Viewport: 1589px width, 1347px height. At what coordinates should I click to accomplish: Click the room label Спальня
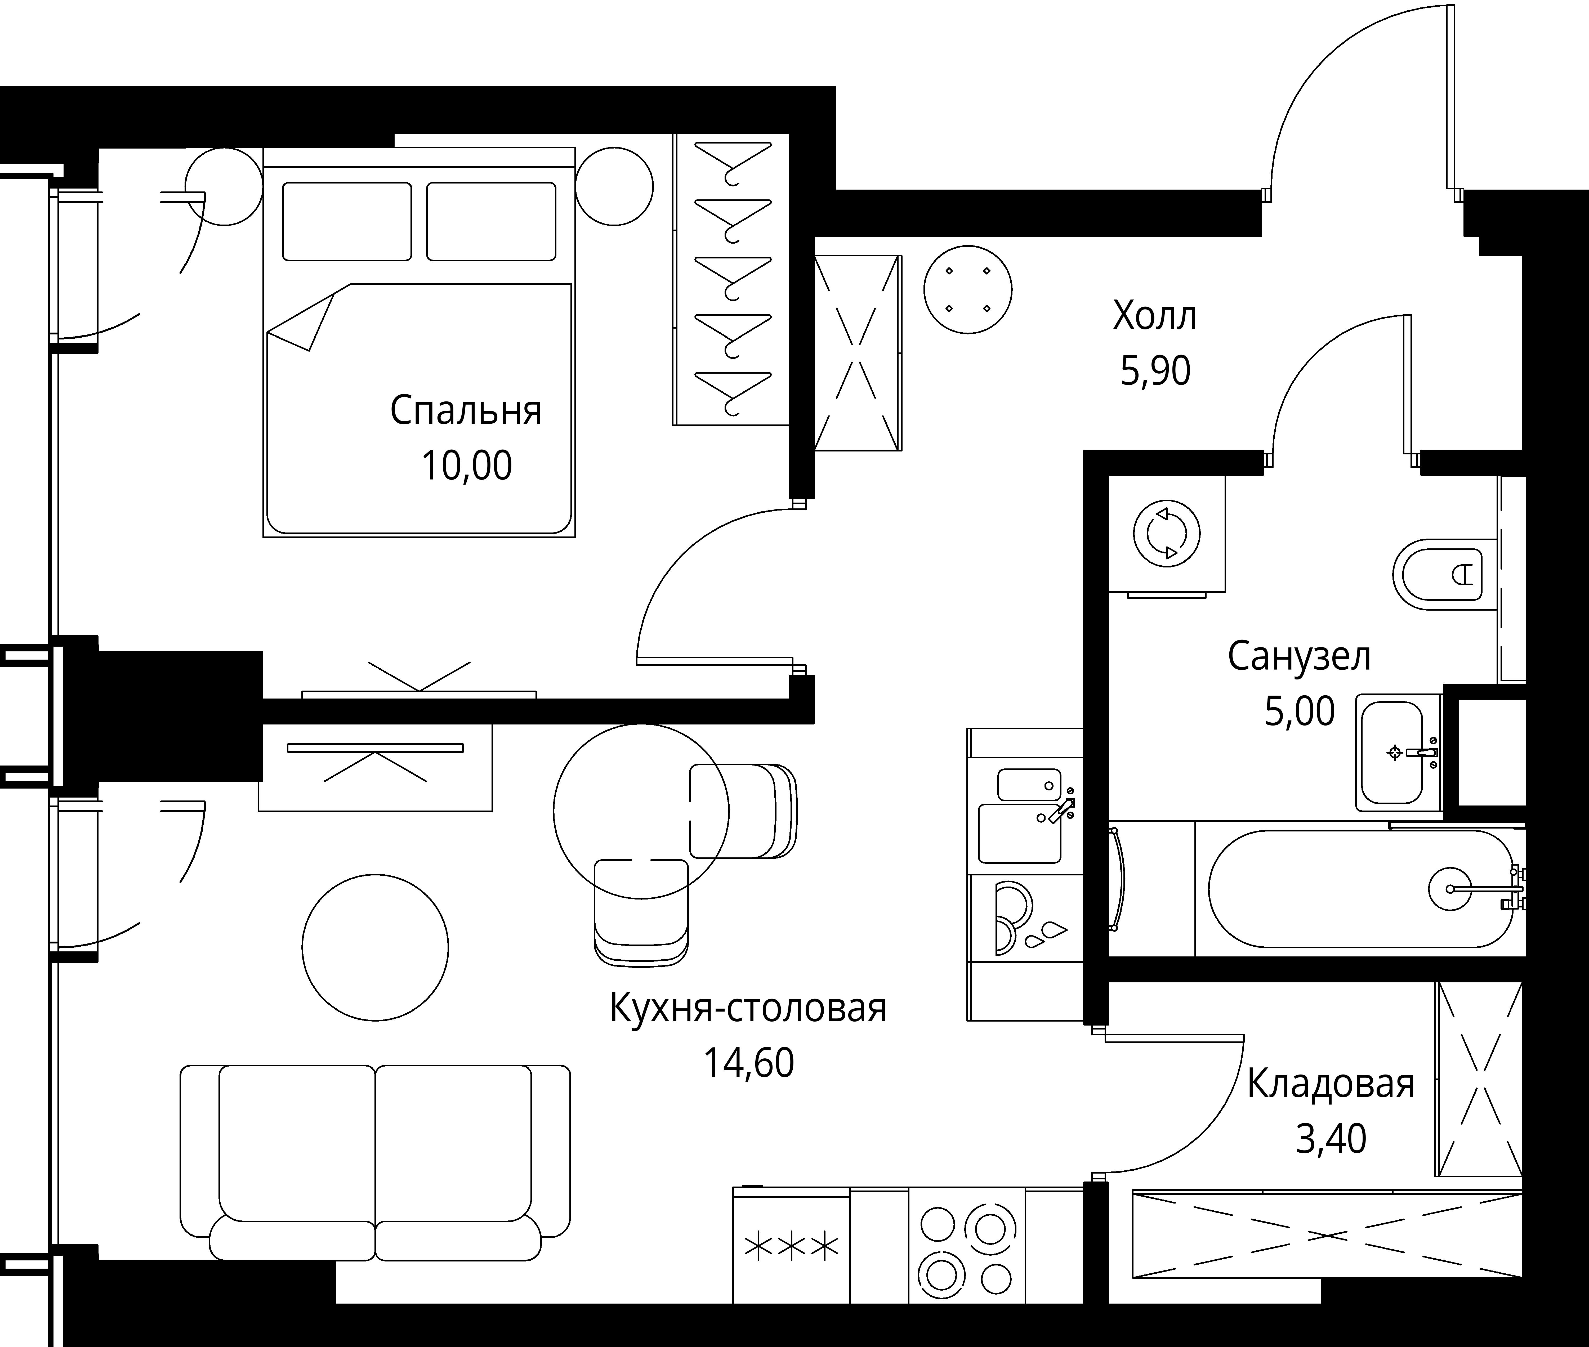click(466, 411)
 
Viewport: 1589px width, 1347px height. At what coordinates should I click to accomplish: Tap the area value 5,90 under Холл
click(1154, 372)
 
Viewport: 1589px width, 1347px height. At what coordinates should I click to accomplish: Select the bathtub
click(1359, 889)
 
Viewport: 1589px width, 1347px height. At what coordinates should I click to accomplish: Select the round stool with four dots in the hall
click(967, 289)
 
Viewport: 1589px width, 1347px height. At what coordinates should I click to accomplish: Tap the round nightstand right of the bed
click(614, 186)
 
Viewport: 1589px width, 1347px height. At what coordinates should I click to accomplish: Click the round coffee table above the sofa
click(375, 948)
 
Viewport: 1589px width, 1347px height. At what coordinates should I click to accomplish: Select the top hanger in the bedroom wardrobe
click(732, 162)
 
